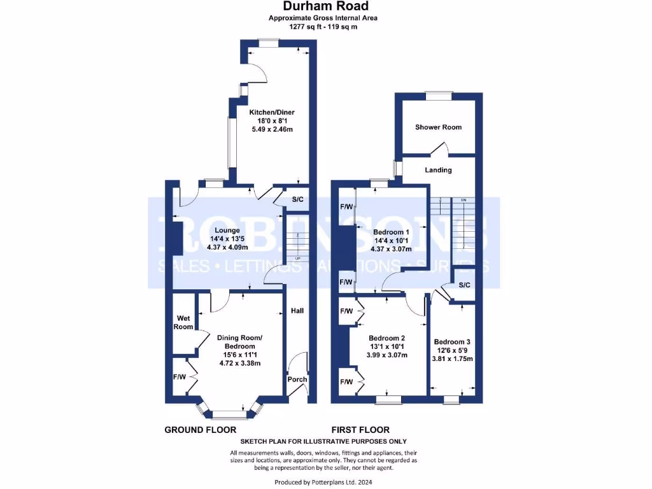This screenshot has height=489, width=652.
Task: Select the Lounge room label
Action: click(x=227, y=230)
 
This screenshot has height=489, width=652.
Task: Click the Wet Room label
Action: click(x=184, y=323)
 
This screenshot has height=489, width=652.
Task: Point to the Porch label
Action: click(x=297, y=379)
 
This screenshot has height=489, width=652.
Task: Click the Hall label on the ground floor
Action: click(x=297, y=311)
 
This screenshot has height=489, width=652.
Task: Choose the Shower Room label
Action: click(x=438, y=127)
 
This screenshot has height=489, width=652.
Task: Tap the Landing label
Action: click(x=438, y=170)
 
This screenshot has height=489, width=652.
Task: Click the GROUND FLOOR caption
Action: click(x=201, y=430)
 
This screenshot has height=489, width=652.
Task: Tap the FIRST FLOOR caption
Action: click(x=360, y=430)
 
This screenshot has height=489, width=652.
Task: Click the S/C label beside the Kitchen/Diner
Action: click(x=297, y=200)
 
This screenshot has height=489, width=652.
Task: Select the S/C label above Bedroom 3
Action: click(x=464, y=285)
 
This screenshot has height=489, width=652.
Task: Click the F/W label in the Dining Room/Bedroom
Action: click(x=180, y=377)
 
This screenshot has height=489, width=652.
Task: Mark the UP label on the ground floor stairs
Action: click(x=297, y=258)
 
